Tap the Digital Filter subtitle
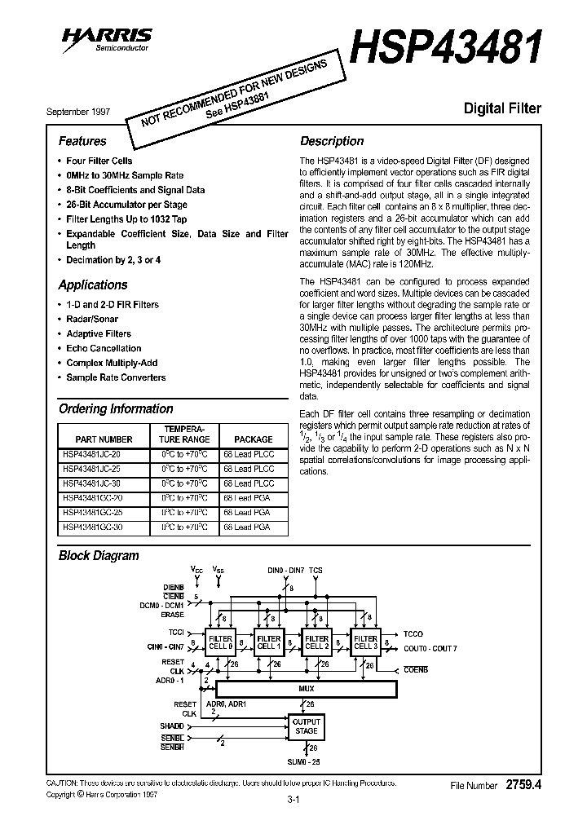(x=502, y=108)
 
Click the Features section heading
(x=82, y=141)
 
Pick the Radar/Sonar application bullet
(x=92, y=319)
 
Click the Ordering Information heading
(x=116, y=408)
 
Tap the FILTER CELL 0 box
(x=220, y=642)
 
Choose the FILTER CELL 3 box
(x=365, y=642)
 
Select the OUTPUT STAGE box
(x=307, y=726)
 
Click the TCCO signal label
(x=414, y=633)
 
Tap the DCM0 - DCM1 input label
(x=161, y=605)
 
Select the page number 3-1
(x=293, y=800)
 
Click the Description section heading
(x=332, y=141)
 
